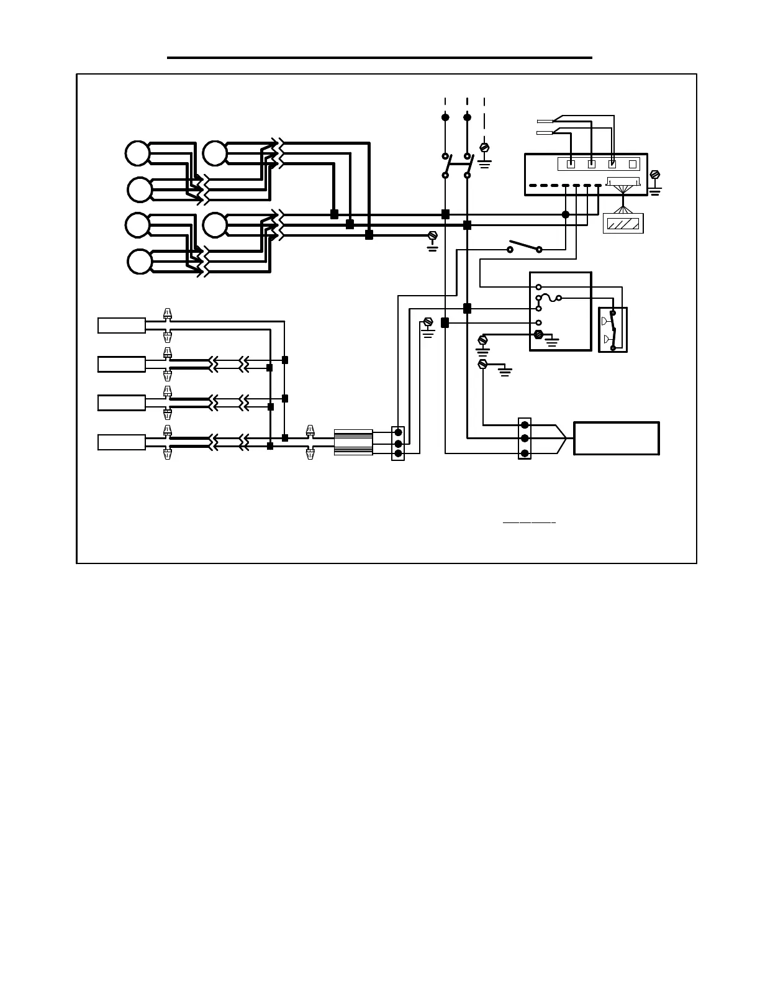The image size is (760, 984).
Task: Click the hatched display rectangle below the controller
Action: (x=623, y=224)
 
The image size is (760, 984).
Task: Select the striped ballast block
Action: (x=353, y=442)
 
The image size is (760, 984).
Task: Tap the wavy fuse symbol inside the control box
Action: (x=549, y=298)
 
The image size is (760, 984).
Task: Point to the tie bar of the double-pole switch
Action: (x=456, y=165)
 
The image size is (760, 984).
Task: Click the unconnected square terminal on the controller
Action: (x=632, y=164)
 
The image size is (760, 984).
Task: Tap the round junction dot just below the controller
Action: (x=565, y=214)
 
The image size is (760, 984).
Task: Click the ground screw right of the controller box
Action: (x=654, y=175)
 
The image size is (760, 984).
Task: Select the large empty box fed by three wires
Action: (x=616, y=439)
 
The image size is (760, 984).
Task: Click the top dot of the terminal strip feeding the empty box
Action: (x=525, y=426)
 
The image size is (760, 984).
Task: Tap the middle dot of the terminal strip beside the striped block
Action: (x=398, y=444)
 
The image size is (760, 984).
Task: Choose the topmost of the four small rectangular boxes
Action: (x=122, y=326)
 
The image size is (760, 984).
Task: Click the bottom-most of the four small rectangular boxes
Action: (x=122, y=442)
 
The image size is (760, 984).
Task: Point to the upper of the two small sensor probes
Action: (x=545, y=121)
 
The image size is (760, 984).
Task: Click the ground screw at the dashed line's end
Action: (x=485, y=147)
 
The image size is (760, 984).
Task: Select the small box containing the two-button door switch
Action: (x=612, y=330)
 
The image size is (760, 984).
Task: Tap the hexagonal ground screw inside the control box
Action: (x=538, y=335)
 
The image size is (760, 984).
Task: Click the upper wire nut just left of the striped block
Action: (x=310, y=430)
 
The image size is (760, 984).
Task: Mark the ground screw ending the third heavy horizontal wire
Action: (x=433, y=236)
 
